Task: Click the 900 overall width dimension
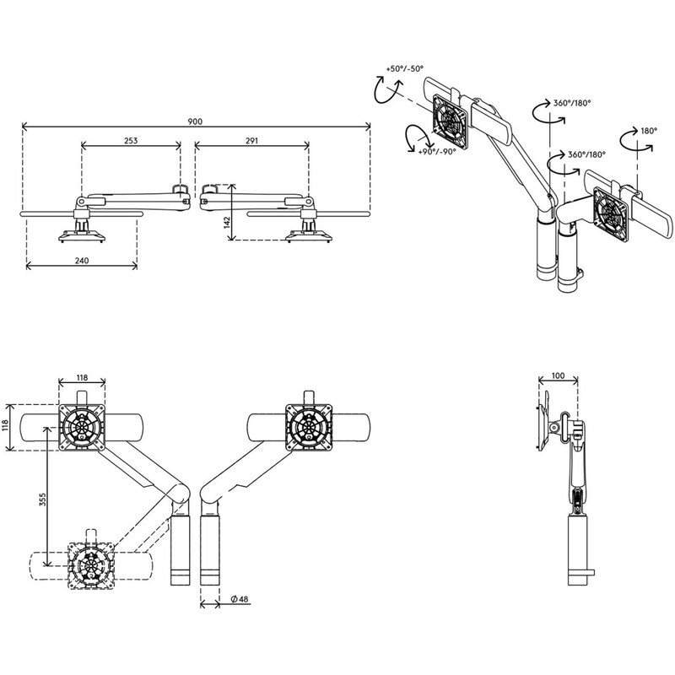pyautogui.click(x=195, y=121)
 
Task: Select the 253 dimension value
pyautogui.click(x=131, y=140)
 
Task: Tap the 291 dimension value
pyautogui.click(x=251, y=140)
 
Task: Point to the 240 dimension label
pyautogui.click(x=82, y=261)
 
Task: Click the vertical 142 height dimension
pyautogui.click(x=227, y=222)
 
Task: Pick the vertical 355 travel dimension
pyautogui.click(x=43, y=499)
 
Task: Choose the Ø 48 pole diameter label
pyautogui.click(x=240, y=599)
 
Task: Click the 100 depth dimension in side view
pyautogui.click(x=558, y=375)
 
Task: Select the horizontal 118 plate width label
pyautogui.click(x=82, y=377)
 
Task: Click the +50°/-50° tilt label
pyautogui.click(x=405, y=68)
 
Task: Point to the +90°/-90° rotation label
pyautogui.click(x=436, y=152)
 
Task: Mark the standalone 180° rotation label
pyautogui.click(x=649, y=131)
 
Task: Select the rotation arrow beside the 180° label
pyautogui.click(x=636, y=140)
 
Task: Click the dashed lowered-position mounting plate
pyautogui.click(x=92, y=565)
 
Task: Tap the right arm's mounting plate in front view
pyautogui.click(x=309, y=427)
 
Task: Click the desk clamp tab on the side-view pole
pyautogui.click(x=590, y=573)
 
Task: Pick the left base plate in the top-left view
pyautogui.click(x=82, y=236)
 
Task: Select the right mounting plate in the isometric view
pyautogui.click(x=610, y=214)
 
